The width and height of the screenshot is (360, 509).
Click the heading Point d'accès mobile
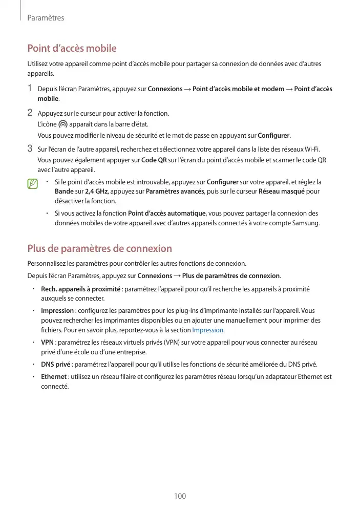[x=72, y=49]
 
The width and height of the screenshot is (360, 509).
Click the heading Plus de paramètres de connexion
[x=99, y=249]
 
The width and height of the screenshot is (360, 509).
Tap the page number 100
[x=180, y=496]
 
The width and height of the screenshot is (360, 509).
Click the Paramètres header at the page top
[x=46, y=18]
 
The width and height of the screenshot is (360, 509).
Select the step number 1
[x=30, y=89]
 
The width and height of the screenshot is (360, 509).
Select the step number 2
[x=30, y=112]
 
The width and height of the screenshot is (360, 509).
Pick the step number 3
[x=30, y=149]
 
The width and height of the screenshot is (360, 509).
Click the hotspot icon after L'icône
[x=63, y=124]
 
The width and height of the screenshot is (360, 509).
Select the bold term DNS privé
[x=56, y=365]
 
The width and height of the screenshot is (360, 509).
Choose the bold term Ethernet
[x=54, y=377]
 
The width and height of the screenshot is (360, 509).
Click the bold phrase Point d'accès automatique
[x=166, y=213]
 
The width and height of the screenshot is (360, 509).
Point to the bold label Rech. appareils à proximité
[x=80, y=289]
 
